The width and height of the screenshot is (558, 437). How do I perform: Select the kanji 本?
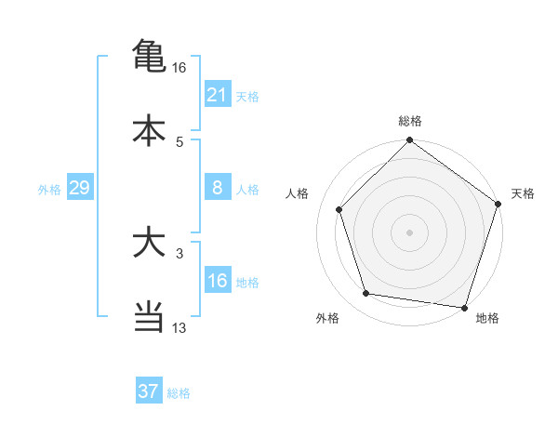(149, 129)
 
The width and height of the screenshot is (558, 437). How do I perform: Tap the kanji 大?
(149, 245)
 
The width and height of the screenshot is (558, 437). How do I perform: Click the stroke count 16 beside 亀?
(179, 68)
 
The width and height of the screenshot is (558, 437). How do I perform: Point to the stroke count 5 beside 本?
(179, 141)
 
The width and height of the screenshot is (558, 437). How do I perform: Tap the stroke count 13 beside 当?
(179, 328)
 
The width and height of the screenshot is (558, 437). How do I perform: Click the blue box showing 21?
(218, 95)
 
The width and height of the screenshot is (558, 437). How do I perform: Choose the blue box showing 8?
(218, 188)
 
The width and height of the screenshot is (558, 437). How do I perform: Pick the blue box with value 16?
(218, 281)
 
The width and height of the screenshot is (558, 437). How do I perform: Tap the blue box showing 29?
(79, 188)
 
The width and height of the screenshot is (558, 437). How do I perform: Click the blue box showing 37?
(149, 391)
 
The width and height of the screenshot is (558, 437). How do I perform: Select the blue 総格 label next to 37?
(179, 393)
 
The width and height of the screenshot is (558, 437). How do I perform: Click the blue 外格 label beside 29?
(49, 190)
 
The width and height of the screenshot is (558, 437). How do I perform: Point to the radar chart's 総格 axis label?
(410, 121)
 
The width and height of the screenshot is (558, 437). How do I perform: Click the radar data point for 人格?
(339, 209)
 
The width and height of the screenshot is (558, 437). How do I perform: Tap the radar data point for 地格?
(464, 307)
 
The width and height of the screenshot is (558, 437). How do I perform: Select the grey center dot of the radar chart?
(410, 232)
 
